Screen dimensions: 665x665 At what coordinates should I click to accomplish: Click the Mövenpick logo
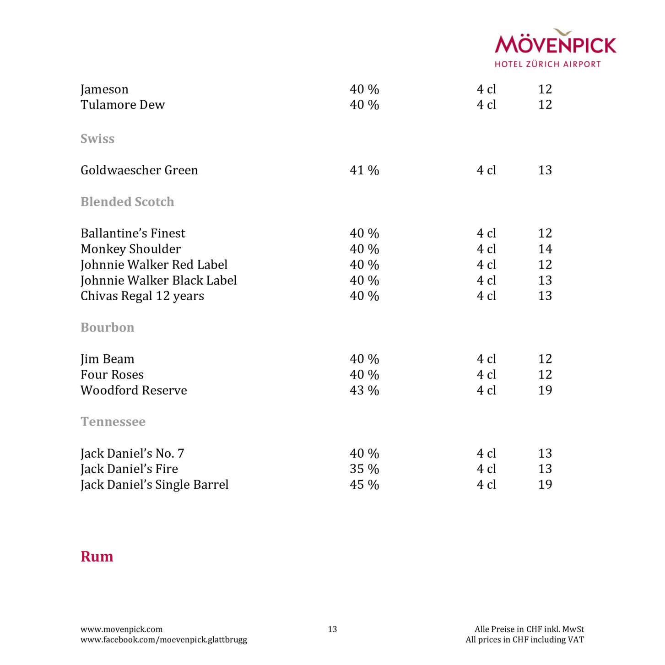(555, 48)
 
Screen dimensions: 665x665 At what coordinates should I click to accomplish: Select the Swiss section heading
(97, 139)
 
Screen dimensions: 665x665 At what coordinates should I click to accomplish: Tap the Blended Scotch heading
(127, 202)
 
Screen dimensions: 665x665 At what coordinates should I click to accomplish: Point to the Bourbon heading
(108, 328)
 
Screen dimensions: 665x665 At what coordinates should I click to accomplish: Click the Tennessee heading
(113, 422)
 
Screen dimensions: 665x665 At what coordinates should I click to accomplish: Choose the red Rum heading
(97, 557)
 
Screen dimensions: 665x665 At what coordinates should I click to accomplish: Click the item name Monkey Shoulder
(130, 249)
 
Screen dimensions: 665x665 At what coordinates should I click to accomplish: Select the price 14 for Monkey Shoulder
(545, 249)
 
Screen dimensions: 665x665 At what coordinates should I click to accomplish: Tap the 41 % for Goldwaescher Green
(364, 170)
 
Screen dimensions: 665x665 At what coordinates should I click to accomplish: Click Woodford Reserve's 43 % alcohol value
(364, 390)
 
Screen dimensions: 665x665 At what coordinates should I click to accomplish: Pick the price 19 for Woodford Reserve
(545, 390)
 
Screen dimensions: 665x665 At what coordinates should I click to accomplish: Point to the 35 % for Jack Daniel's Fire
(364, 469)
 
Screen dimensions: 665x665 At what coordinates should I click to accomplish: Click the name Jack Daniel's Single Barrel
(154, 485)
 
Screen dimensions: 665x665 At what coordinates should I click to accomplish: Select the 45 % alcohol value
(364, 485)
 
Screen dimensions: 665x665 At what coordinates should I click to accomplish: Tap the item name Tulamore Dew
(122, 105)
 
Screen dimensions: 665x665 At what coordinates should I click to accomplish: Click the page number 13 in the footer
(332, 629)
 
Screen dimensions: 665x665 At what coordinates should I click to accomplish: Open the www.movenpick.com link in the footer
(121, 629)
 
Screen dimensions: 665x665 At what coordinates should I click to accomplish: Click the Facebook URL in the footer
(163, 640)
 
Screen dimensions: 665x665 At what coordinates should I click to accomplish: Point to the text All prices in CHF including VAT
(524, 640)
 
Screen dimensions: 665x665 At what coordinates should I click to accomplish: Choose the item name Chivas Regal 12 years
(142, 296)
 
